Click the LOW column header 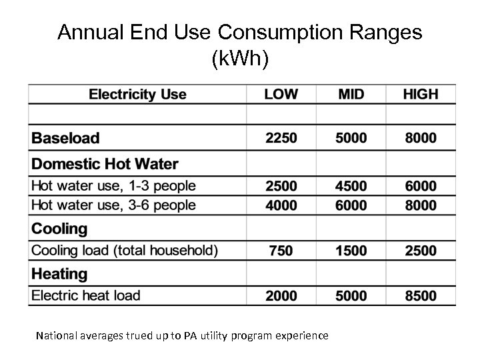[x=281, y=94]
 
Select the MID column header [x=351, y=94]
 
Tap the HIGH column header [x=421, y=94]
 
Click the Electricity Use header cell [x=138, y=94]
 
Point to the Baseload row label [x=66, y=139]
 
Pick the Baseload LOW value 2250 [x=281, y=139]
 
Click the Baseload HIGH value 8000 [x=421, y=139]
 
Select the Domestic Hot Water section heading [x=105, y=163]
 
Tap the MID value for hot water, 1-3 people [x=351, y=186]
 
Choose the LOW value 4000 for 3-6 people [x=281, y=205]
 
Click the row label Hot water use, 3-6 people [x=114, y=205]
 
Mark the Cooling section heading [x=60, y=229]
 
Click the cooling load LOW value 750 [x=281, y=251]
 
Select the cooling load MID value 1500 [x=351, y=251]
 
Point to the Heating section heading [x=60, y=273]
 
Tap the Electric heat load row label [x=86, y=295]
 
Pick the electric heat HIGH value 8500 [x=421, y=296]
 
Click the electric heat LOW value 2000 [x=281, y=296]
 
